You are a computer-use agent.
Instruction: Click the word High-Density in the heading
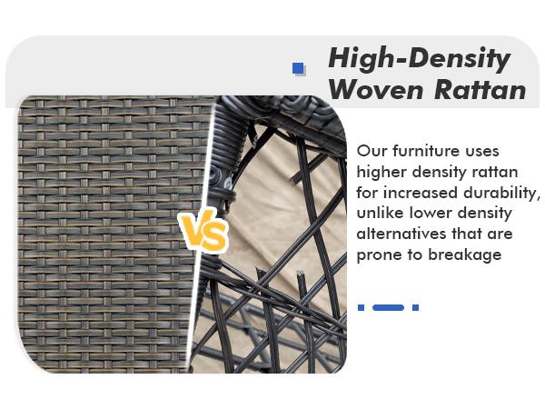click(x=419, y=59)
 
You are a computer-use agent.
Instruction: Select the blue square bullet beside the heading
click(x=298, y=68)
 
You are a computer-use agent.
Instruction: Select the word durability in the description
click(x=501, y=192)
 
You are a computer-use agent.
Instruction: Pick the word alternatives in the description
click(x=402, y=234)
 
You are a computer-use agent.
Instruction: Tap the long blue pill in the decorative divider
click(x=388, y=308)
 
